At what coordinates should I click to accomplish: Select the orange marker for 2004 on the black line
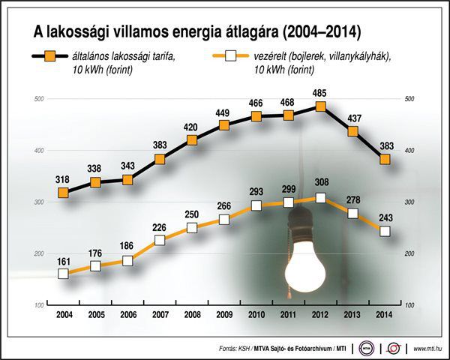tap(63, 193)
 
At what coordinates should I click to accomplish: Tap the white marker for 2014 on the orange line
tap(385, 231)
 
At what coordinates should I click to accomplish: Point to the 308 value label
tap(321, 184)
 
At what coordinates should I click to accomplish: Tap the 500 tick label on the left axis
tap(40, 99)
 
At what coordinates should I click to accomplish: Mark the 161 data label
tap(63, 260)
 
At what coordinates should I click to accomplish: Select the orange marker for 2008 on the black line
tap(192, 140)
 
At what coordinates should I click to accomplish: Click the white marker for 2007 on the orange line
tap(160, 240)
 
